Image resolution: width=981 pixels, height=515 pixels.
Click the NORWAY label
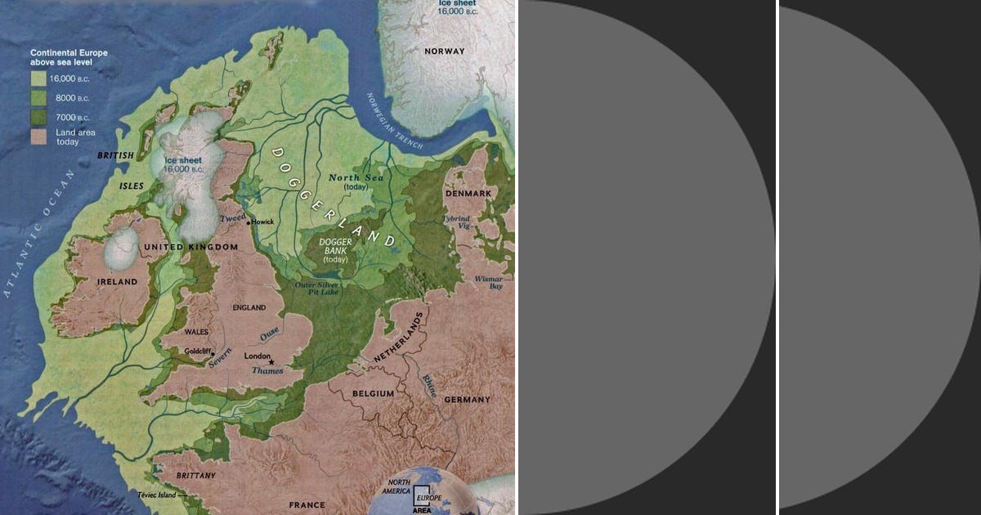(x=444, y=51)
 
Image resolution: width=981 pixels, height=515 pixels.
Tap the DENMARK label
(x=468, y=194)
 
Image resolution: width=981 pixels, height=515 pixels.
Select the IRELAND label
(x=118, y=282)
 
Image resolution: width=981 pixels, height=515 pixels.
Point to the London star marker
(x=272, y=362)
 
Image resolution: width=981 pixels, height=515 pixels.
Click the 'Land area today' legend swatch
(x=38, y=136)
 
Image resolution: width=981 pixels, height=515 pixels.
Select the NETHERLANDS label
(x=400, y=338)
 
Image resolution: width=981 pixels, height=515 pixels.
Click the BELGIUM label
(x=374, y=394)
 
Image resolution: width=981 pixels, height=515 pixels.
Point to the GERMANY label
(x=467, y=400)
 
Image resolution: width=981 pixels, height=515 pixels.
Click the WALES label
(x=197, y=333)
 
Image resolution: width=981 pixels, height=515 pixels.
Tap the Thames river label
(x=267, y=371)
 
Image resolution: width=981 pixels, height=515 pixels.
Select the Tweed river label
(x=233, y=218)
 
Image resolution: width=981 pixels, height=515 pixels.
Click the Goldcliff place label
(x=197, y=351)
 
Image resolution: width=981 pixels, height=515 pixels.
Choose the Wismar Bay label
(x=490, y=282)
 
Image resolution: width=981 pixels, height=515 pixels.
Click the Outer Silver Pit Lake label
(x=317, y=288)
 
